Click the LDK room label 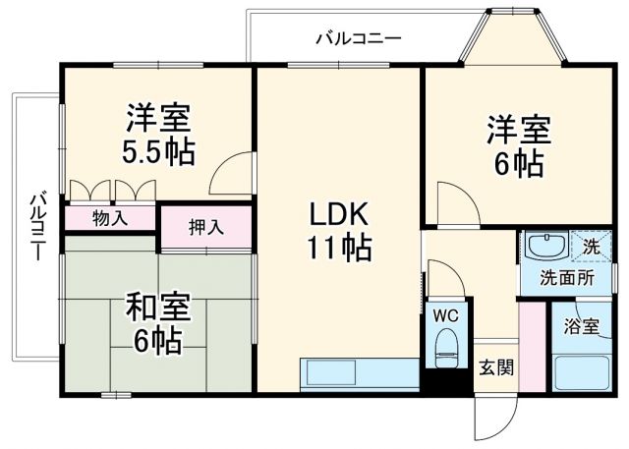[339, 213]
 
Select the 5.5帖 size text [159, 152]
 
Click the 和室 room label [157, 307]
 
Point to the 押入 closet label [206, 227]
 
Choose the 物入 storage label [110, 218]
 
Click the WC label [447, 316]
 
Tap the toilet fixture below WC [447, 347]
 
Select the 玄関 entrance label [495, 368]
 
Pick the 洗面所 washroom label [567, 277]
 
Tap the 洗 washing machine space [590, 247]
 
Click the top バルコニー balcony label [359, 39]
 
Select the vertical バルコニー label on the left [36, 225]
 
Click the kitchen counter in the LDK [359, 374]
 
